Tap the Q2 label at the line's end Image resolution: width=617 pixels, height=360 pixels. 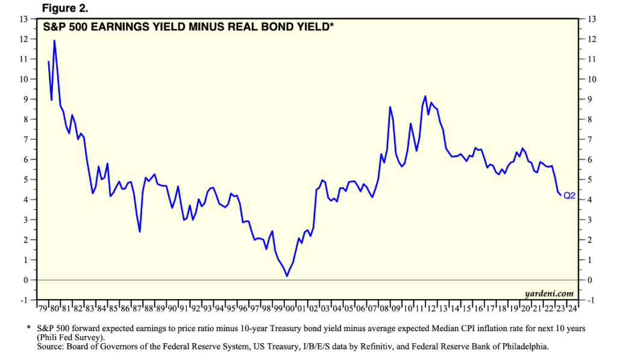(570, 196)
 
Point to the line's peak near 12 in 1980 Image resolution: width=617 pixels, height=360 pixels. (55, 40)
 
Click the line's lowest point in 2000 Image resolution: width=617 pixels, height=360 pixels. (287, 276)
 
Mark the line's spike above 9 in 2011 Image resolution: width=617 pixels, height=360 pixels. (425, 96)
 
